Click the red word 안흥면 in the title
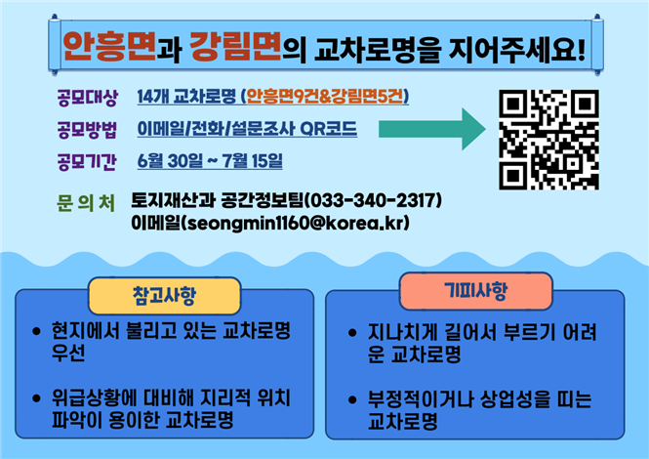click(109, 47)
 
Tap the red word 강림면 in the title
click(235, 47)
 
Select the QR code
click(548, 140)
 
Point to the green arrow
click(432, 129)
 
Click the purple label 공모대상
click(87, 98)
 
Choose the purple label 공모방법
click(87, 130)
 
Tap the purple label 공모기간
click(87, 161)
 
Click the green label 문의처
click(86, 203)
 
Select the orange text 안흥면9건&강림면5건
click(325, 96)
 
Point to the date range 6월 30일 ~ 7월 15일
click(210, 161)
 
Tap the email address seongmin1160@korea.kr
click(296, 223)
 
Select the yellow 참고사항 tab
click(164, 296)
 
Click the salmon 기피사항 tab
click(476, 291)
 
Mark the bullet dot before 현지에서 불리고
click(36, 331)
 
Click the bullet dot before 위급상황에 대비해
click(36, 398)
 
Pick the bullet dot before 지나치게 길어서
click(352, 333)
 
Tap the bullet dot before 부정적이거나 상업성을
click(352, 399)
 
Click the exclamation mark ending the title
click(581, 49)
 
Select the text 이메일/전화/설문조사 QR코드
click(247, 129)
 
